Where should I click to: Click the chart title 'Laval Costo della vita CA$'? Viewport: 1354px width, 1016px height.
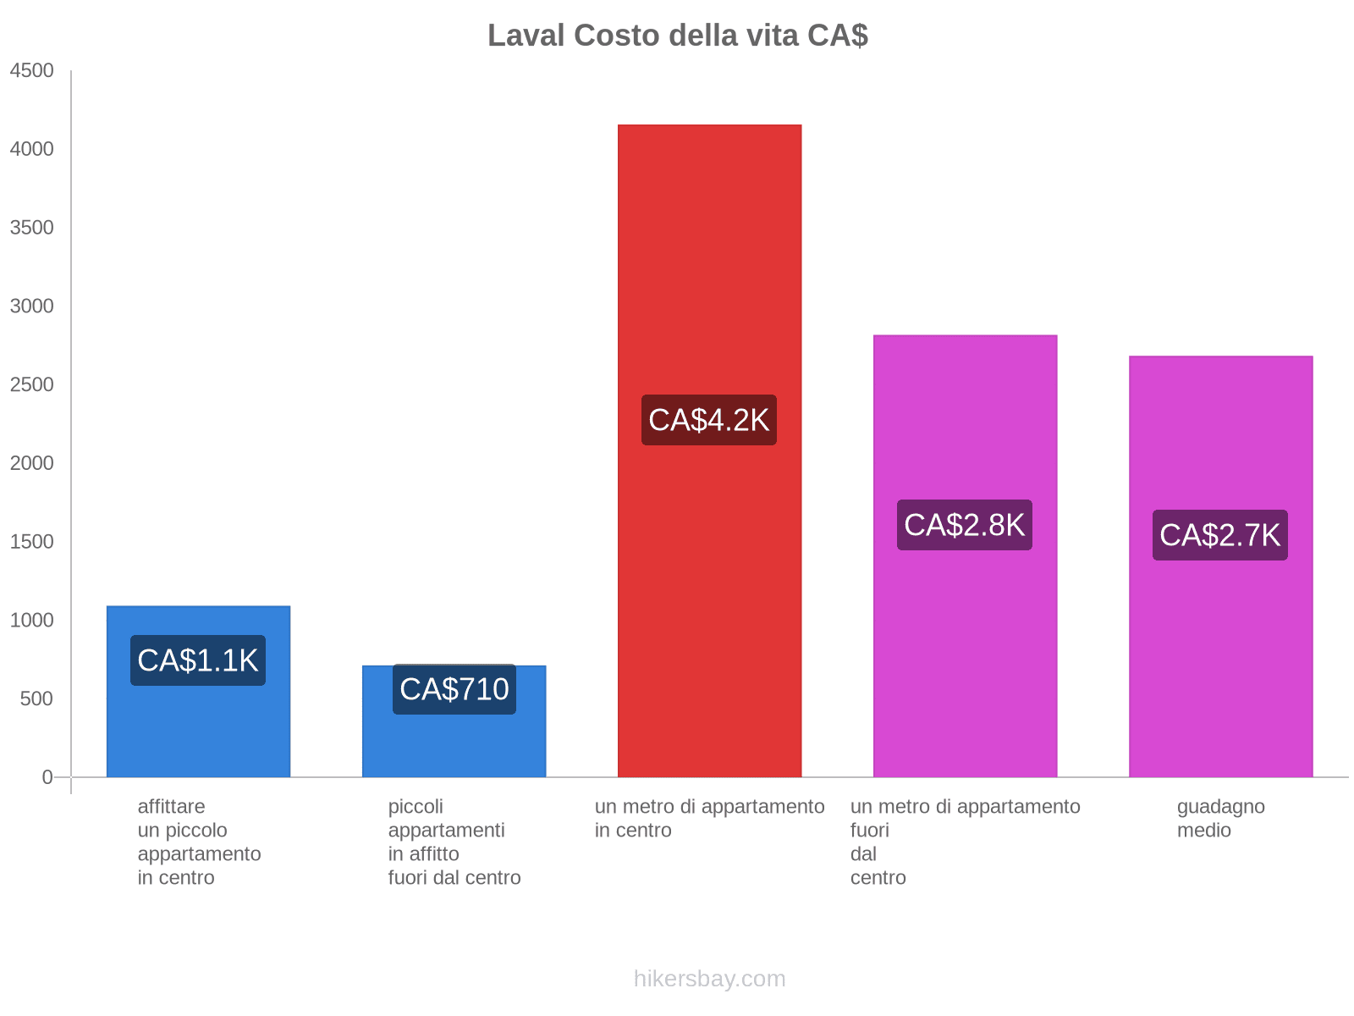(677, 36)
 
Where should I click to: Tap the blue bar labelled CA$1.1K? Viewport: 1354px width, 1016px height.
(198, 728)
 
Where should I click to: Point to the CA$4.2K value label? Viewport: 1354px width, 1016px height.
(709, 420)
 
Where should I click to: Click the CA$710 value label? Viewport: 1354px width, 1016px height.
(454, 689)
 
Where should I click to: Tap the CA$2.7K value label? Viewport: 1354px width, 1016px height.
(1220, 535)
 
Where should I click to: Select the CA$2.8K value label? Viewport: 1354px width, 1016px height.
(965, 525)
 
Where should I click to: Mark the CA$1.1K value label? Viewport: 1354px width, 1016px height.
(198, 660)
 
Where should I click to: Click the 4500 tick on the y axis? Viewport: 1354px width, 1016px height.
(32, 71)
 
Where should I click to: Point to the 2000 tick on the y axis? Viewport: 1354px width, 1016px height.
(32, 463)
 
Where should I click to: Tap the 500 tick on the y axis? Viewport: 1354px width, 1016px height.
(36, 698)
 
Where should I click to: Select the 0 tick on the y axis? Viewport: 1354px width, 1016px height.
(47, 777)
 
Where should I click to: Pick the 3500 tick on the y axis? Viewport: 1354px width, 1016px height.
(32, 228)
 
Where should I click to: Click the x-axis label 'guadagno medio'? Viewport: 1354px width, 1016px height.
(1220, 818)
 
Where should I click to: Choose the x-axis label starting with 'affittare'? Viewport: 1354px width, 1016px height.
(199, 842)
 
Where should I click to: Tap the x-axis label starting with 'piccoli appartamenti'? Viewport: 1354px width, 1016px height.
(454, 842)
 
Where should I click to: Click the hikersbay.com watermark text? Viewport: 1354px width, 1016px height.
(709, 979)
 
